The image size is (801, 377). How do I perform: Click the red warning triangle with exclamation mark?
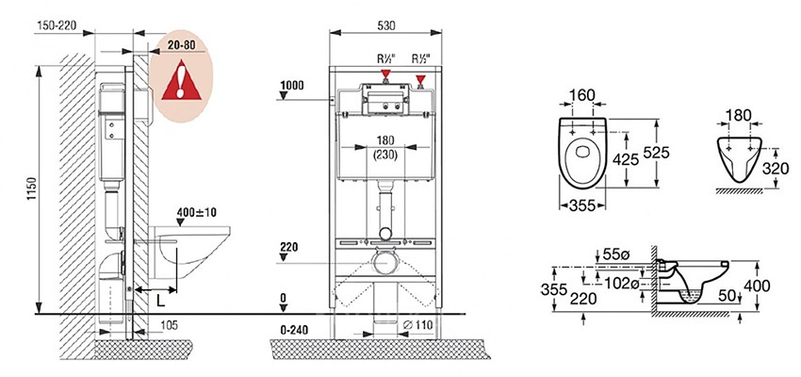[x=181, y=80]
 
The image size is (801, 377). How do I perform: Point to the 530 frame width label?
[x=385, y=25]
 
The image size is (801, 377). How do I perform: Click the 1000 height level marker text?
[x=292, y=86]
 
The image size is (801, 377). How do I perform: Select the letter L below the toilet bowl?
[x=161, y=301]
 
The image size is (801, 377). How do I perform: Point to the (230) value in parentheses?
[x=385, y=156]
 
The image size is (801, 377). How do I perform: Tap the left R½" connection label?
[x=386, y=58]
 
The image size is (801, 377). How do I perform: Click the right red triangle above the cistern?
[x=420, y=80]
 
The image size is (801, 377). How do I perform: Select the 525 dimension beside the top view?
[x=656, y=153]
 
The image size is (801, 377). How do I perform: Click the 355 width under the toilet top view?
[x=582, y=205]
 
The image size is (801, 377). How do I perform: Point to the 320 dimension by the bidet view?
[x=775, y=169]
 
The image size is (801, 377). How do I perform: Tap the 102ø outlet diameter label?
[x=621, y=283]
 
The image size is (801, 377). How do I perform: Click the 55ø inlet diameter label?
[x=616, y=253]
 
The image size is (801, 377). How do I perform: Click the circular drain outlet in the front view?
[x=385, y=263]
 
